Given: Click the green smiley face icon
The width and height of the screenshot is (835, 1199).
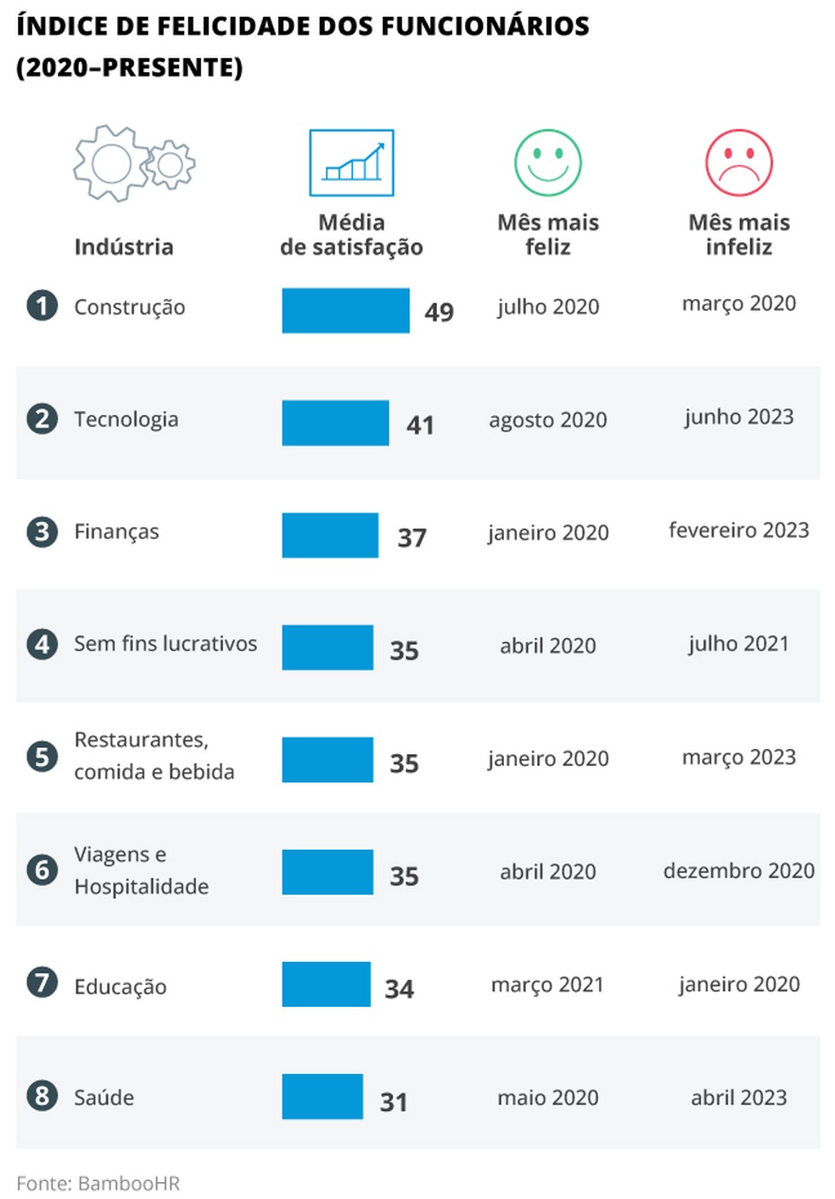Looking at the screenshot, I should pyautogui.click(x=547, y=163).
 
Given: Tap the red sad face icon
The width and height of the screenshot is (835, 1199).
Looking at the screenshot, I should pyautogui.click(x=738, y=163).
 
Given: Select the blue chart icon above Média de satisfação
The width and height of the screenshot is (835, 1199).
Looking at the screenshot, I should pyautogui.click(x=351, y=163).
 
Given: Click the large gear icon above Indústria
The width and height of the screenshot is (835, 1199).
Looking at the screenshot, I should pyautogui.click(x=111, y=163).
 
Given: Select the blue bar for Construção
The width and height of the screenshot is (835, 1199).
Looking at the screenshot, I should pyautogui.click(x=345, y=311).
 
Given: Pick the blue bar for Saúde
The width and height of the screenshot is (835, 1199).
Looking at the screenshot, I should pyautogui.click(x=322, y=1096).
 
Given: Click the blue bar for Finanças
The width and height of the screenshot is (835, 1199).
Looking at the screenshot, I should pyautogui.click(x=330, y=536).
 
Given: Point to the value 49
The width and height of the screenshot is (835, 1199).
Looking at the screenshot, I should pyautogui.click(x=439, y=312).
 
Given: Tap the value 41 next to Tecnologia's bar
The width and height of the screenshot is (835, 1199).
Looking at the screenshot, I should pyautogui.click(x=420, y=425).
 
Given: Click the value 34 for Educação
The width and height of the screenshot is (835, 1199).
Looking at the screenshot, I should pyautogui.click(x=399, y=989).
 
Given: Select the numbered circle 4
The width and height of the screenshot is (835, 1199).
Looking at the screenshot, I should pyautogui.click(x=42, y=645).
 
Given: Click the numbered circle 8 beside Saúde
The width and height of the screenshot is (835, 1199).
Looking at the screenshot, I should pyautogui.click(x=42, y=1095).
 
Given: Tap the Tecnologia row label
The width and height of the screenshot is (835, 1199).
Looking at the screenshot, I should pyautogui.click(x=126, y=419).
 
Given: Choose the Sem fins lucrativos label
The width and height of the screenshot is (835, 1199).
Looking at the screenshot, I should pyautogui.click(x=165, y=644).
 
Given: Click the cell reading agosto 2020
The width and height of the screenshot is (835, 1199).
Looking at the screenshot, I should pyautogui.click(x=547, y=420).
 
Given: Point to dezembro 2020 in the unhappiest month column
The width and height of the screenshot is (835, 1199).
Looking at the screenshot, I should pyautogui.click(x=738, y=871).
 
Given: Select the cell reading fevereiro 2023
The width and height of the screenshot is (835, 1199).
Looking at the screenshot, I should pyautogui.click(x=738, y=531).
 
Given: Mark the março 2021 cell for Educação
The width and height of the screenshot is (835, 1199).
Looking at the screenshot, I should pyautogui.click(x=547, y=985).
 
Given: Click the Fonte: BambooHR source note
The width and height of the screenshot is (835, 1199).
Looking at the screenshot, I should pyautogui.click(x=98, y=1183).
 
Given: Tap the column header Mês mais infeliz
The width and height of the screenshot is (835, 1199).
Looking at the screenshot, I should pyautogui.click(x=738, y=234).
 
